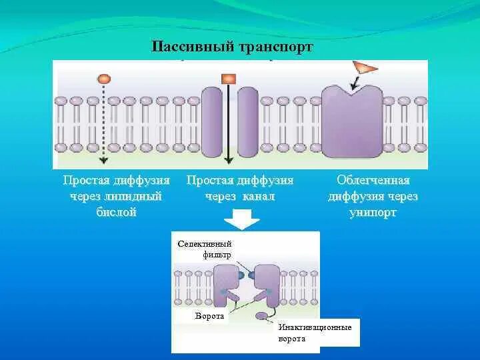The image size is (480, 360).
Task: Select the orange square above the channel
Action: (x=229, y=79)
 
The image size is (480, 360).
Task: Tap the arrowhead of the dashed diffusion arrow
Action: (x=103, y=160)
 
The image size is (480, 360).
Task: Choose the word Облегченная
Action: (x=373, y=180)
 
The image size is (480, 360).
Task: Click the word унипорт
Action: (x=373, y=213)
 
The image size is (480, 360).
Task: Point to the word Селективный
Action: (x=204, y=244)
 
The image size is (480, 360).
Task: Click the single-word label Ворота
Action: (x=209, y=316)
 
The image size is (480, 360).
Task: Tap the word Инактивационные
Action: (x=315, y=327)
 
